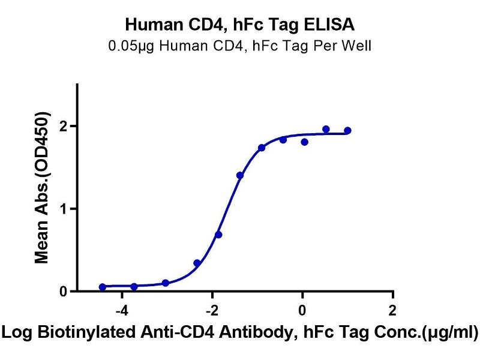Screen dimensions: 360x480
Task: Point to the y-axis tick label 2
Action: pos(62,126)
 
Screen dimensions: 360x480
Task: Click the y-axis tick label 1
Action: pos(62,209)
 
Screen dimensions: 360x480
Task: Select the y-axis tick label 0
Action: pos(62,292)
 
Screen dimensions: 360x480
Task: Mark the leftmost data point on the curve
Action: pos(103,287)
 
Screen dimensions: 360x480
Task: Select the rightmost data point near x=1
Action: pos(347,130)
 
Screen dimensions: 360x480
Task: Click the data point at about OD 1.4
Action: pos(240,175)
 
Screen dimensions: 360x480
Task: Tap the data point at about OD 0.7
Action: pos(218,235)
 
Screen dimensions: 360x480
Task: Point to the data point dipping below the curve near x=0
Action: pos(305,142)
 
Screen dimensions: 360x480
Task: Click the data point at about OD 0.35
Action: pos(197,263)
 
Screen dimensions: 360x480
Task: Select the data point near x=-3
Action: pos(166,283)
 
